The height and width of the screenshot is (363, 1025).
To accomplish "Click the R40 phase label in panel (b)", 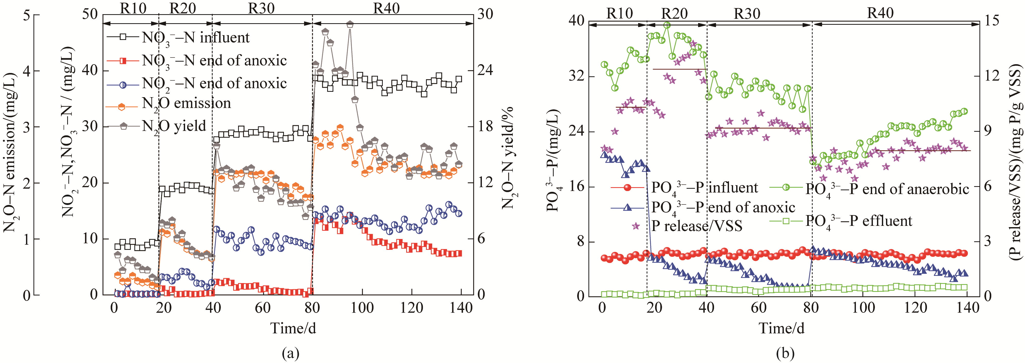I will (880, 13).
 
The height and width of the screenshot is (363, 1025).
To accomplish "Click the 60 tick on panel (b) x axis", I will (758, 308).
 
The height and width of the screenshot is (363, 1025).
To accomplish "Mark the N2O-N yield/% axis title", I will (508, 157).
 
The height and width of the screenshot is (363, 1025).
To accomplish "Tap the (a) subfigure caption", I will (290, 353).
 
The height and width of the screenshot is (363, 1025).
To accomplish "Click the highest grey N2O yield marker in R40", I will (350, 24).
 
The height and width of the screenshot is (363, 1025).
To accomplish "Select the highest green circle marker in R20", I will (667, 25).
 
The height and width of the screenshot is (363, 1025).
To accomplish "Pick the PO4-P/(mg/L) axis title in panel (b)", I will (554, 159).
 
